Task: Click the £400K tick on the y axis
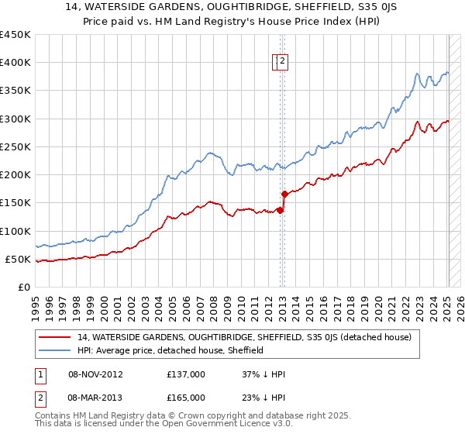tap(15, 63)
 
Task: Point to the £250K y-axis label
tap(15, 146)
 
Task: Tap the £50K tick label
tap(19, 259)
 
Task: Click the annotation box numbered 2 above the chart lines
tap(283, 62)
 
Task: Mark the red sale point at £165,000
tap(284, 194)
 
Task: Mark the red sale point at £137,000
tap(280, 210)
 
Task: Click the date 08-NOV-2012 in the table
tap(97, 374)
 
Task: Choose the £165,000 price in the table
tap(186, 398)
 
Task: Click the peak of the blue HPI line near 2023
tap(417, 74)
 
